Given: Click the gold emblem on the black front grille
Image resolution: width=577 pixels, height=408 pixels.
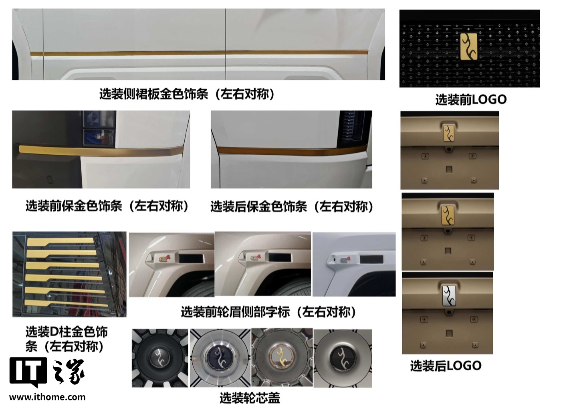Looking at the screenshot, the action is [x=469, y=46].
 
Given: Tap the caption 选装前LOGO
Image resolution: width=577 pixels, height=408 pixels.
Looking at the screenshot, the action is [x=471, y=100].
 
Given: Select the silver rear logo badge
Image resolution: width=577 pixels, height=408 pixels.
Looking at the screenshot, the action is [x=449, y=296].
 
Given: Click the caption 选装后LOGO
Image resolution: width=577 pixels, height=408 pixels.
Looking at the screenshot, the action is [x=446, y=366].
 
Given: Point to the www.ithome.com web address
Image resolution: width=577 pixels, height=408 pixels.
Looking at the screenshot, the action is [x=47, y=397].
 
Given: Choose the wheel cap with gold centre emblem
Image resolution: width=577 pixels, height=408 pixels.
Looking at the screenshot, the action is [x=282, y=358].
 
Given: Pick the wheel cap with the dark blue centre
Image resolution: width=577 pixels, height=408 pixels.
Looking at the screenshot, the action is [x=220, y=358].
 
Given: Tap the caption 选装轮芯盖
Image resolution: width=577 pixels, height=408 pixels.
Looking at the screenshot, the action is [x=250, y=398].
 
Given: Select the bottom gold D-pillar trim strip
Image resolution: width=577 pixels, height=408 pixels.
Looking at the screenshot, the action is [x=66, y=303].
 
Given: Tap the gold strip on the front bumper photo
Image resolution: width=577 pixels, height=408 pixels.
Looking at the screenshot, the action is [x=101, y=151].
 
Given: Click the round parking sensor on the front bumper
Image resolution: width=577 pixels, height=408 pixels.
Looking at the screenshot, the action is [x=49, y=179].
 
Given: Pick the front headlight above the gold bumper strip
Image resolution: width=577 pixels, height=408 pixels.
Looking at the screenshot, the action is [x=99, y=129].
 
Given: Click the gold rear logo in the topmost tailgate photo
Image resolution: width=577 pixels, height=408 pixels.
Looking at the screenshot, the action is [x=449, y=133].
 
